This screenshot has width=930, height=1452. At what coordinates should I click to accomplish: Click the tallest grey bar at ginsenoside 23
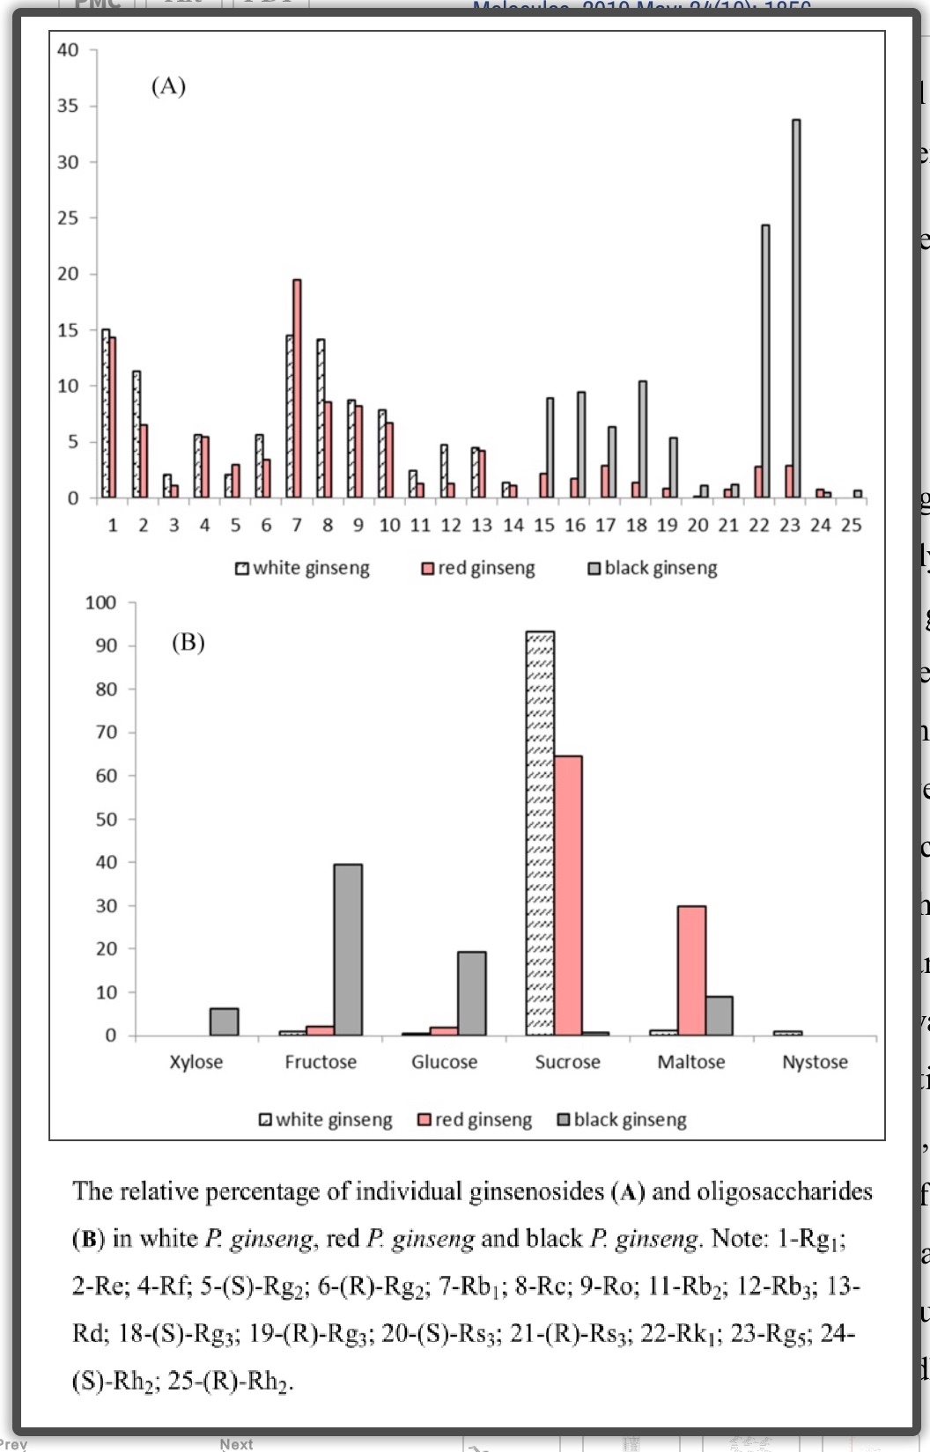796,308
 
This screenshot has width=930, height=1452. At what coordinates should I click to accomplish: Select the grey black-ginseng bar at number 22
765,361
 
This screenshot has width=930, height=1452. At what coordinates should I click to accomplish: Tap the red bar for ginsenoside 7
297,388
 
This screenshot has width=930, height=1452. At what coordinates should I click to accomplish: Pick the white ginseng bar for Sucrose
540,833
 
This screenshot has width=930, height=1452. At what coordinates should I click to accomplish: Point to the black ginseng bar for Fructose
348,949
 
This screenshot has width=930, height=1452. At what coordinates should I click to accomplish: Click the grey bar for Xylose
224,1021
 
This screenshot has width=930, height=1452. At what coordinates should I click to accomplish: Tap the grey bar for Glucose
471,993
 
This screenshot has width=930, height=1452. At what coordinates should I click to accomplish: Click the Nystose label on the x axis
815,1062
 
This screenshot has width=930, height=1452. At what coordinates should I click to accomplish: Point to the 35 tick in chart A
68,106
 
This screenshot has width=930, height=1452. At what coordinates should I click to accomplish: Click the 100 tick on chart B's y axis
100,603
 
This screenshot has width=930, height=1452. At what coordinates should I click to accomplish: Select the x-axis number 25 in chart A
851,526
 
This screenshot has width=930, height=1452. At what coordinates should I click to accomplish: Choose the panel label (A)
168,86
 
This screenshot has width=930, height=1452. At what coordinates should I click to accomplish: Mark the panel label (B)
188,642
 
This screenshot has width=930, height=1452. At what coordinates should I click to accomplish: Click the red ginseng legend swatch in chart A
427,569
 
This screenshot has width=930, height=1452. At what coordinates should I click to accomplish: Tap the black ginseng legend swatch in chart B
565,1120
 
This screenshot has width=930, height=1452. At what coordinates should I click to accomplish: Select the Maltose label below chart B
691,1062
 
